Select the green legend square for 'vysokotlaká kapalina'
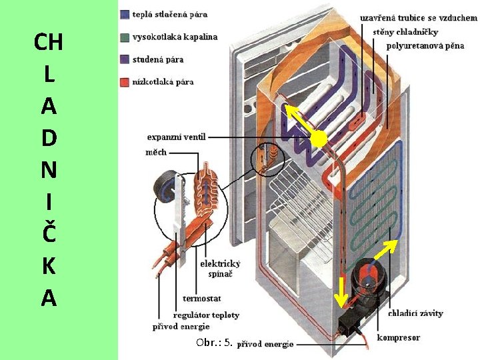[125, 37]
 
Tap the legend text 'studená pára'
[158, 59]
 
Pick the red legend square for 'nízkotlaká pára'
[125, 82]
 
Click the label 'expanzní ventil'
[177, 137]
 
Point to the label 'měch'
[156, 153]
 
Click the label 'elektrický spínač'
[220, 269]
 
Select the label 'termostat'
[201, 298]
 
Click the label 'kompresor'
[399, 337]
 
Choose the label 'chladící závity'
[415, 313]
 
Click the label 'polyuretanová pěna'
[425, 45]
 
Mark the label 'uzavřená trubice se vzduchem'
[419, 18]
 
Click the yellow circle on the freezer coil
[319, 139]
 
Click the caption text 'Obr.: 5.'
[214, 343]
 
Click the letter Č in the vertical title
[48, 234]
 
